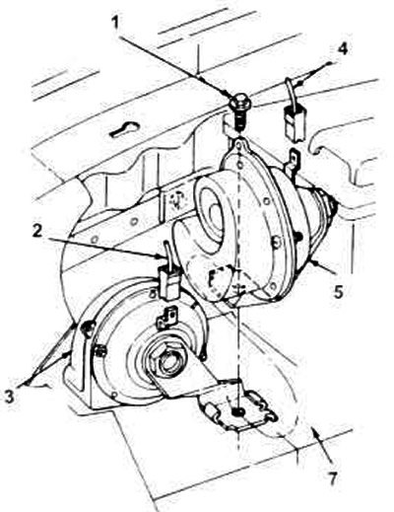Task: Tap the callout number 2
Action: pos(37,232)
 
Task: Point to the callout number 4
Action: pos(342,49)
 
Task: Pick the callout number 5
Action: pos(340,291)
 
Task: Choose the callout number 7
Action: pos(333,478)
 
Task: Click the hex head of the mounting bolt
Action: pos(239,102)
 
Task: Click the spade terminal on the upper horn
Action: pos(294,162)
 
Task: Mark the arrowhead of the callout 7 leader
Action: pos(314,433)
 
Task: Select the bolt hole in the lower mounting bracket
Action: pos(239,411)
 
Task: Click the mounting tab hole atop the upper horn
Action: pos(241,144)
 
